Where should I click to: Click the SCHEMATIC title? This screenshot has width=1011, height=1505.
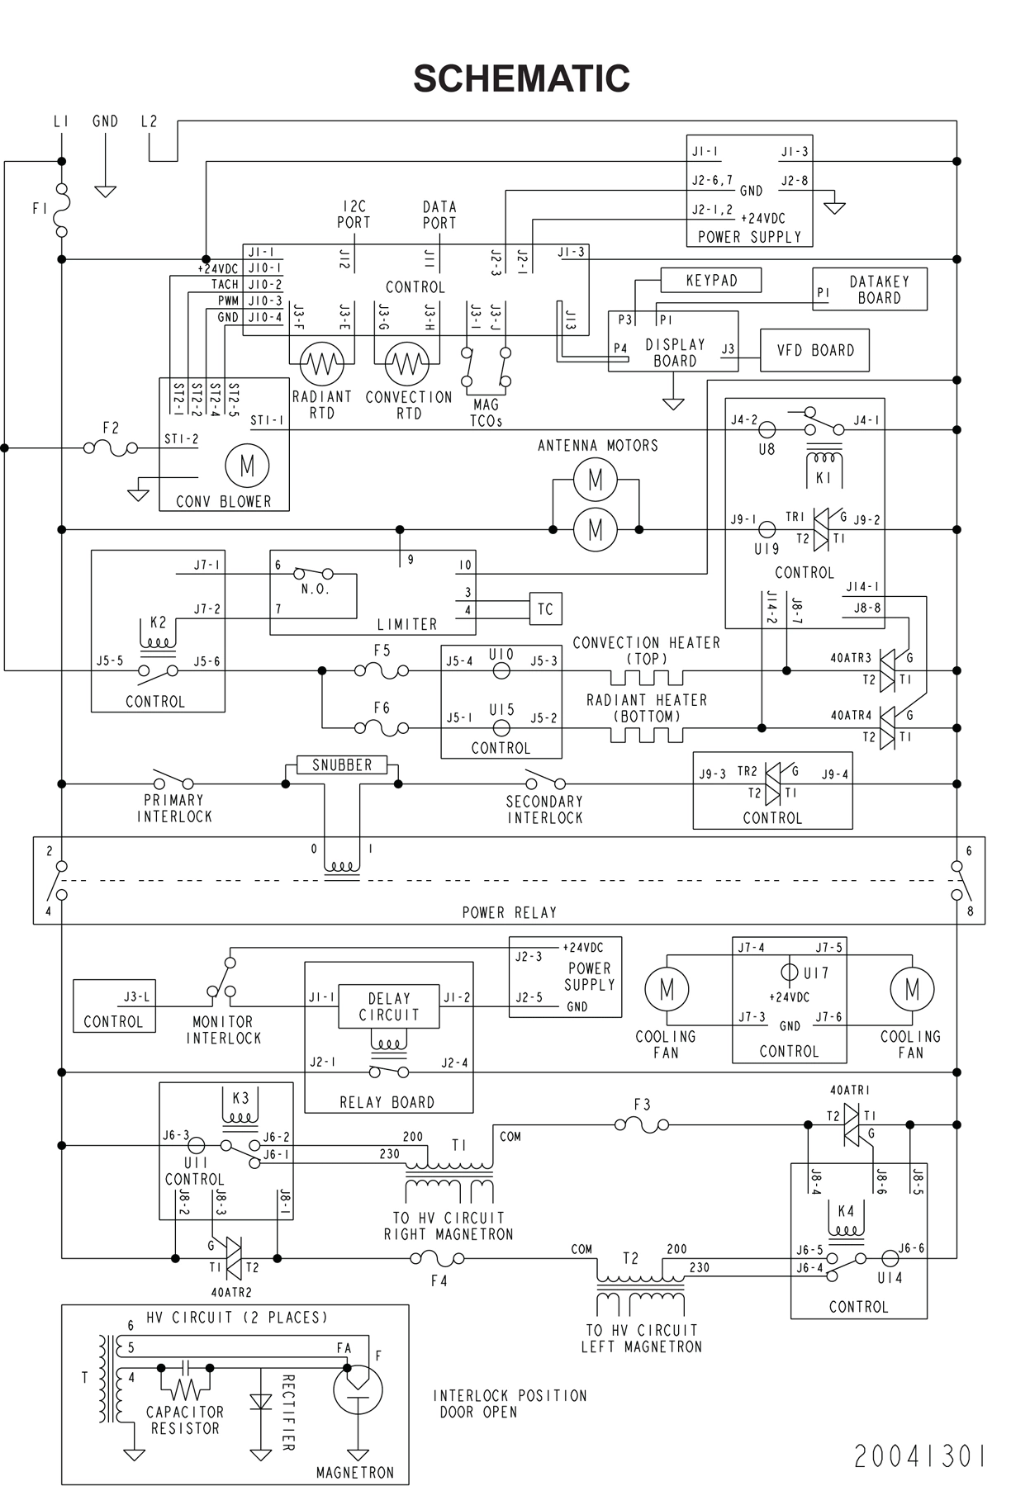pyautogui.click(x=521, y=78)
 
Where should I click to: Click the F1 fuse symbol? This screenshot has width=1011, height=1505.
pyautogui.click(x=61, y=210)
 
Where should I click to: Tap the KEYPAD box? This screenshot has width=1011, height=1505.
pyautogui.click(x=711, y=280)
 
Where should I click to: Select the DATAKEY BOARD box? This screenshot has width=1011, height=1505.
pyautogui.click(x=870, y=289)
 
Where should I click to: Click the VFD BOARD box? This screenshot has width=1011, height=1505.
pyautogui.click(x=814, y=350)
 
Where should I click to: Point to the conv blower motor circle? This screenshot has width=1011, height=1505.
pyautogui.click(x=247, y=466)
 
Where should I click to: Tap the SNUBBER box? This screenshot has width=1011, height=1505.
pyautogui.click(x=342, y=765)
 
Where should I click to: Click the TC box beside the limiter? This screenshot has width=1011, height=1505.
pyautogui.click(x=545, y=609)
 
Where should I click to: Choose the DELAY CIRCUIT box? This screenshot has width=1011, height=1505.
pyautogui.click(x=388, y=1006)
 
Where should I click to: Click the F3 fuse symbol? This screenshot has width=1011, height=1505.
pyautogui.click(x=642, y=1124)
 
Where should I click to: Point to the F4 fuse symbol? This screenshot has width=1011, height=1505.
pyautogui.click(x=437, y=1258)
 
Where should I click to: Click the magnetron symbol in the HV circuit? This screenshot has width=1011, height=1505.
pyautogui.click(x=358, y=1390)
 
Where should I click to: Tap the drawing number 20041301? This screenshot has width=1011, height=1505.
pyautogui.click(x=918, y=1457)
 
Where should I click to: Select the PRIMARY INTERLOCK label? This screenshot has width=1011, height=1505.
pyautogui.click(x=174, y=808)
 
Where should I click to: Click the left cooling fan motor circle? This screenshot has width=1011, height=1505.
pyautogui.click(x=666, y=989)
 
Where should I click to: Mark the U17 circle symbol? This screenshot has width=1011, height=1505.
pyautogui.click(x=789, y=973)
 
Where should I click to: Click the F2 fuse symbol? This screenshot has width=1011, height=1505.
pyautogui.click(x=111, y=448)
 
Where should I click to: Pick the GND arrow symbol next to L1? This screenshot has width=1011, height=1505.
pyautogui.click(x=105, y=191)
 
